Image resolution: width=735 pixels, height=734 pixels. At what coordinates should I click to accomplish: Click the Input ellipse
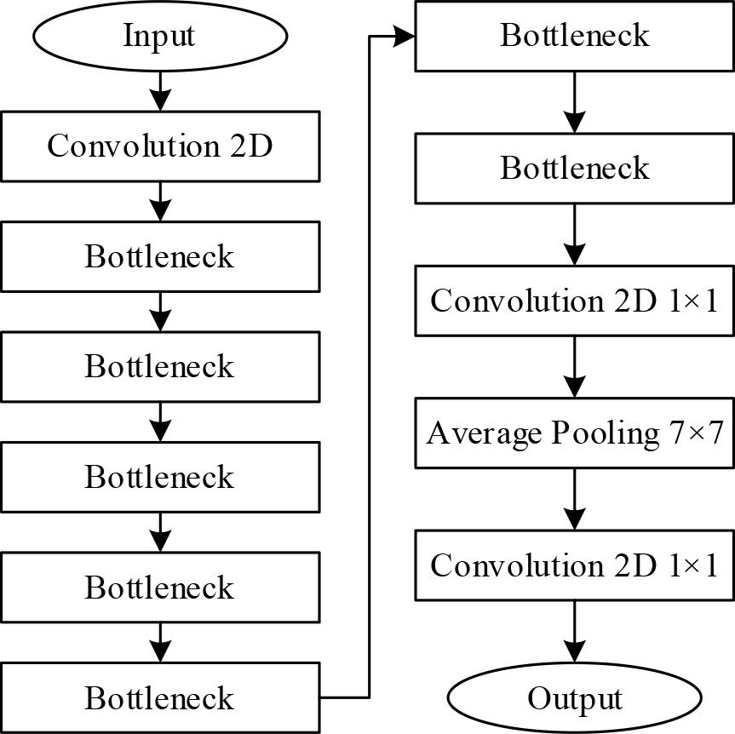[159, 36]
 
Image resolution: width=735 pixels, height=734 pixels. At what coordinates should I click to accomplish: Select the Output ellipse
[575, 698]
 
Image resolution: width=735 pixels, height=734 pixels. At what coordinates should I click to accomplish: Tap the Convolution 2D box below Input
[159, 146]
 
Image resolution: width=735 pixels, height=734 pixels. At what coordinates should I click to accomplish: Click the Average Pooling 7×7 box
[575, 433]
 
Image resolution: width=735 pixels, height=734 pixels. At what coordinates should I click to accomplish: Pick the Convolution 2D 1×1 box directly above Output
[575, 565]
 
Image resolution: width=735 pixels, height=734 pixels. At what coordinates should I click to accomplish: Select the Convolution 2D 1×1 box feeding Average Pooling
[575, 301]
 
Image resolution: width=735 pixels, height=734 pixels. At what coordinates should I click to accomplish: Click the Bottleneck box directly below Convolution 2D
[159, 256]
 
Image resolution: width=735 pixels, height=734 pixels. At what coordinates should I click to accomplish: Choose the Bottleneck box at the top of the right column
[575, 36]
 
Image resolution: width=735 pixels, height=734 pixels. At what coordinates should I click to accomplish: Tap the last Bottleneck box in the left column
[159, 698]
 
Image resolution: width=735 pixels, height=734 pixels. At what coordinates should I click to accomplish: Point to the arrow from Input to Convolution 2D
[159, 90]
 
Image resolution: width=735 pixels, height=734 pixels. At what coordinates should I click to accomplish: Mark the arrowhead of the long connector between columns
[405, 36]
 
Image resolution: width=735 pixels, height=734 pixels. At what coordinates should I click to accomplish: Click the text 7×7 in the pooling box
[692, 433]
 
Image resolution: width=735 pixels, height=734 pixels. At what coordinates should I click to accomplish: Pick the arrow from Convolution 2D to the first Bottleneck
[159, 201]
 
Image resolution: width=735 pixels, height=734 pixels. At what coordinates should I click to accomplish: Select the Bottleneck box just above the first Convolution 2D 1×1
[575, 168]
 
